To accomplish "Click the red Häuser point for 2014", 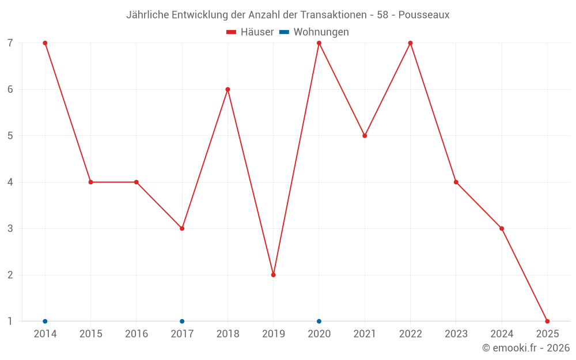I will (45, 43).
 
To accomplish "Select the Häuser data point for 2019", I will (274, 275).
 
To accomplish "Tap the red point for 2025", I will (547, 321).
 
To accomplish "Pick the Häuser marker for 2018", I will (228, 89).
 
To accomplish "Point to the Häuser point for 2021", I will (365, 136).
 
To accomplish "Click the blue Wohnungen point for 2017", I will (182, 321).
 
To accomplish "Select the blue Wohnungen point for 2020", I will (319, 321).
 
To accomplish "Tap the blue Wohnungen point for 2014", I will (45, 321).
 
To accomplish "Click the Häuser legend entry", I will (251, 32).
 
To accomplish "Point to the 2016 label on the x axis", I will (137, 334).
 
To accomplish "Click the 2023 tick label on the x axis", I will (456, 334).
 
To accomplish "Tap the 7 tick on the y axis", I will (10, 43).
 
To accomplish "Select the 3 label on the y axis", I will (10, 229).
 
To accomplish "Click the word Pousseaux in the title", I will (424, 14).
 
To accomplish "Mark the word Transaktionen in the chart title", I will (333, 14).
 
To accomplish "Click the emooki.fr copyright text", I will (526, 348).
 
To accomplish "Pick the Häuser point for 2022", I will (410, 43).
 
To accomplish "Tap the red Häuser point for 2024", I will (502, 229).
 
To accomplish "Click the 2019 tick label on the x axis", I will (274, 334).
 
